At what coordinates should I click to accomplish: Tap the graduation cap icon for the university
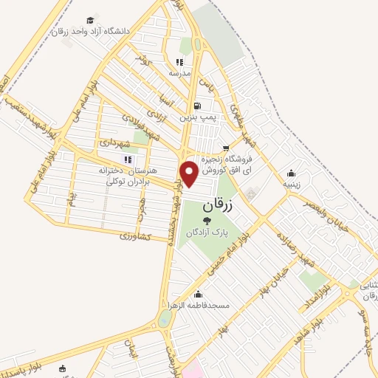(90, 20)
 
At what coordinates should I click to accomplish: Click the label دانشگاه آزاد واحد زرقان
(92, 32)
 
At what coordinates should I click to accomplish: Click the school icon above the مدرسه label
(179, 63)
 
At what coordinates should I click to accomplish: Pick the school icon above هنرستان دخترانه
(127, 159)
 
